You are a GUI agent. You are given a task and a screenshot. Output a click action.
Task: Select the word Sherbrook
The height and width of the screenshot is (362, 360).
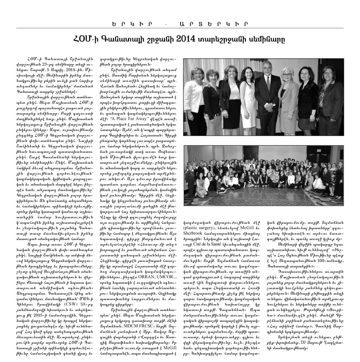click(196, 234)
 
